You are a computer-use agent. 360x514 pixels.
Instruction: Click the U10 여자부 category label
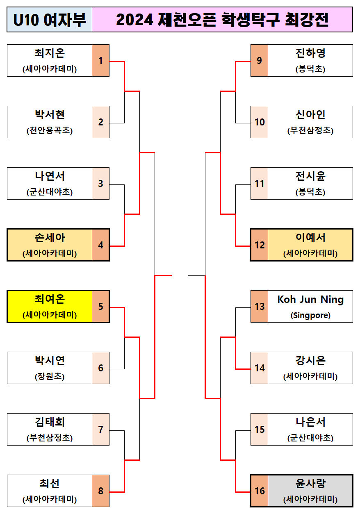[50, 20]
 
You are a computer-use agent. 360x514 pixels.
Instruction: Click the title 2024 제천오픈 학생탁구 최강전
[222, 20]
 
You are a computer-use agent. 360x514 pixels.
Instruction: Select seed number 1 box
[101, 61]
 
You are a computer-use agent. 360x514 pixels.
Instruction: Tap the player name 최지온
[50, 54]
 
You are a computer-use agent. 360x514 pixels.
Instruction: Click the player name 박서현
[50, 115]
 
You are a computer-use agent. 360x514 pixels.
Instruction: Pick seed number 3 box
[101, 184]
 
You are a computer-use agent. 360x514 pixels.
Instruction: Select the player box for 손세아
[50, 245]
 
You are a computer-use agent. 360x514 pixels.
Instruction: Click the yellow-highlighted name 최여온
[50, 300]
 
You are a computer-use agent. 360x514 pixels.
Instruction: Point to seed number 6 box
[101, 368]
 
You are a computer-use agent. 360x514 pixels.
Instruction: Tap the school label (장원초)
[50, 376]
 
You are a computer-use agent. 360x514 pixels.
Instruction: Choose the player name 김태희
[50, 422]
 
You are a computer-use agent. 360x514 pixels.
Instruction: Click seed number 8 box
[101, 491]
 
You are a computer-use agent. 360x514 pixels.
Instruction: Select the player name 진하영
[310, 54]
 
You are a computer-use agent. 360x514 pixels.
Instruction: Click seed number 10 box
[260, 122]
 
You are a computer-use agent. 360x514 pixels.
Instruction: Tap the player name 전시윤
[310, 176]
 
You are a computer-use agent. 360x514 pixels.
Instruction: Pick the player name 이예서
[310, 238]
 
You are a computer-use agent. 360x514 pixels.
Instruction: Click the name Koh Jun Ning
[310, 300]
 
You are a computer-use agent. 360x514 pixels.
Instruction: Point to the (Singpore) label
[310, 315]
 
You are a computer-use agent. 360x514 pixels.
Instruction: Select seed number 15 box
[260, 430]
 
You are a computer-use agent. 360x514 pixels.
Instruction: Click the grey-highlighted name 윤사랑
[310, 484]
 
